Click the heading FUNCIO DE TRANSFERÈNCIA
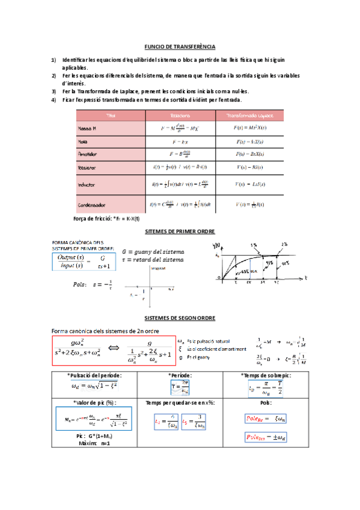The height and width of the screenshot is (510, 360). click(x=180, y=47)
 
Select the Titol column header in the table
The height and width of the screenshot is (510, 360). click(x=111, y=115)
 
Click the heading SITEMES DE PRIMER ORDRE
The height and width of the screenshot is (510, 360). click(x=180, y=232)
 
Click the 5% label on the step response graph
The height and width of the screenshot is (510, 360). click(x=256, y=245)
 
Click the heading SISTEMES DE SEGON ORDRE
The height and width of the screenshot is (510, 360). click(x=180, y=318)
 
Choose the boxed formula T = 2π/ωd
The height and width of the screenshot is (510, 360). click(x=181, y=387)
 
